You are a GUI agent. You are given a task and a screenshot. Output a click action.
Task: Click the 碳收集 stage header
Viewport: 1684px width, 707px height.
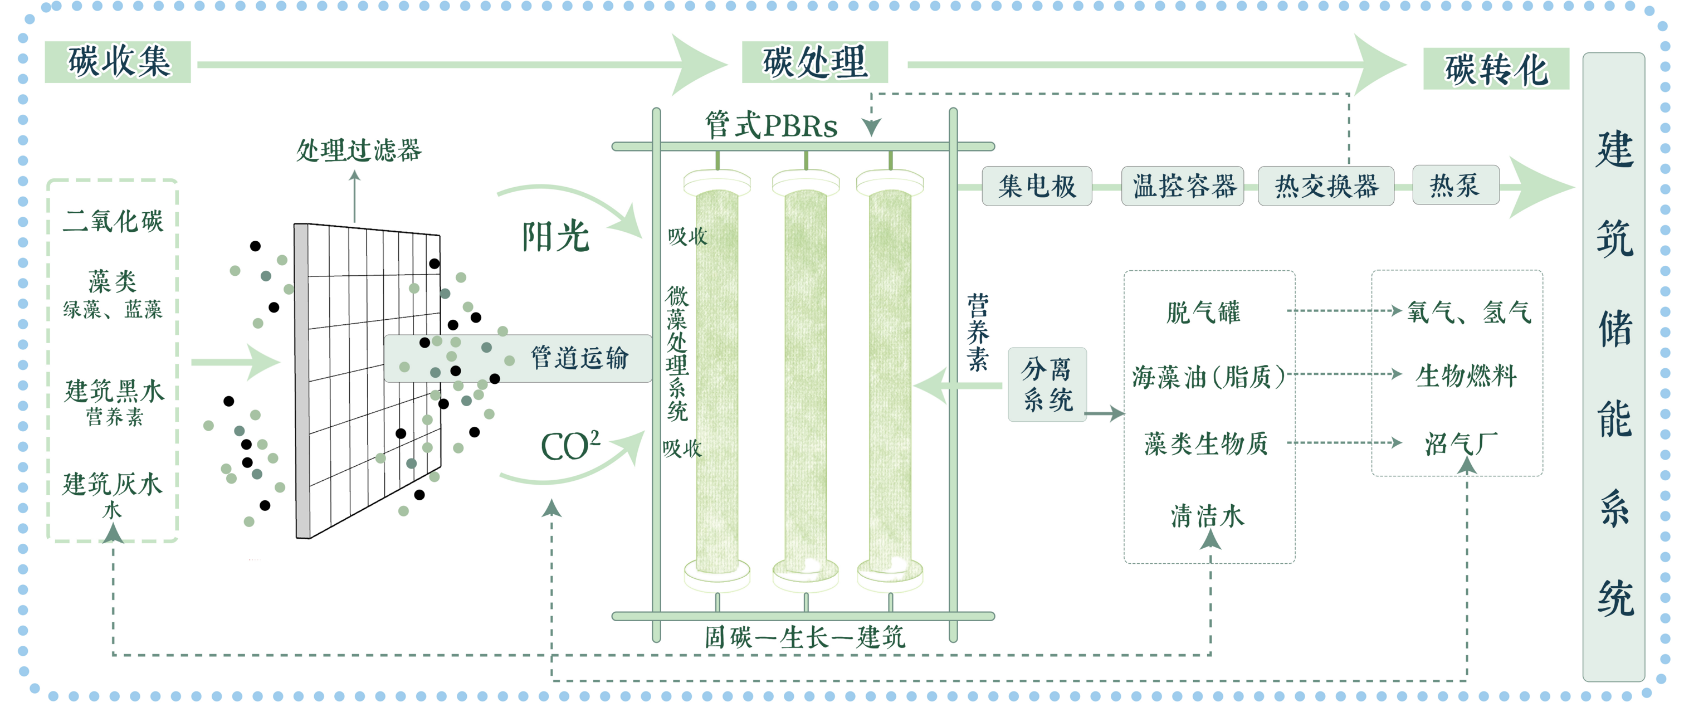118,62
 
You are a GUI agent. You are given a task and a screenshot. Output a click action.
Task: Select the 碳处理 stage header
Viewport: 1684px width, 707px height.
814,62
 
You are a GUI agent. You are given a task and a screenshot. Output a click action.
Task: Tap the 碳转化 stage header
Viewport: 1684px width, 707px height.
1496,69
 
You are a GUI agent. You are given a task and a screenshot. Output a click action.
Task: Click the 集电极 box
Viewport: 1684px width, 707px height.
1037,187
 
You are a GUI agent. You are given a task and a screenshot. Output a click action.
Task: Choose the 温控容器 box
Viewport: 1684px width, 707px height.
1183,187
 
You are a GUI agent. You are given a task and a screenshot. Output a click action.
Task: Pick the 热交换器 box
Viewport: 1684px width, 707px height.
1326,187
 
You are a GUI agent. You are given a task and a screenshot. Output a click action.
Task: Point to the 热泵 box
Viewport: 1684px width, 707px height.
1455,185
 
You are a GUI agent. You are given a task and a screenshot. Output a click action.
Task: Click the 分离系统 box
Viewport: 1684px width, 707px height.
1047,384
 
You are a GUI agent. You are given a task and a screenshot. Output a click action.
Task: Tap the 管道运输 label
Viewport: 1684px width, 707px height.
579,358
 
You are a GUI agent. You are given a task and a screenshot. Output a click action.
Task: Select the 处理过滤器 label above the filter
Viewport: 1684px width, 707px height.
359,150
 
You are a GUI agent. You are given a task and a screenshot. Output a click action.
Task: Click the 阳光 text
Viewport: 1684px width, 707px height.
555,237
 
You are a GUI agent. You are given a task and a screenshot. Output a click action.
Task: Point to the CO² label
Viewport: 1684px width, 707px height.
569,447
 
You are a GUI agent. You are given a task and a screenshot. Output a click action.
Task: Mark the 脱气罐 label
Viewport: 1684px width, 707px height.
1203,312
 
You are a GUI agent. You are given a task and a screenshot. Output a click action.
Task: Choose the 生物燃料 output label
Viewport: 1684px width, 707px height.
1466,376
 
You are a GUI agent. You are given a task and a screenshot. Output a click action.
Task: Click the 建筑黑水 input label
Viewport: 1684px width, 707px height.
114,391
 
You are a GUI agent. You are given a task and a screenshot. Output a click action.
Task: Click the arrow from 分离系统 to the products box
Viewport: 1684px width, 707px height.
1104,413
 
